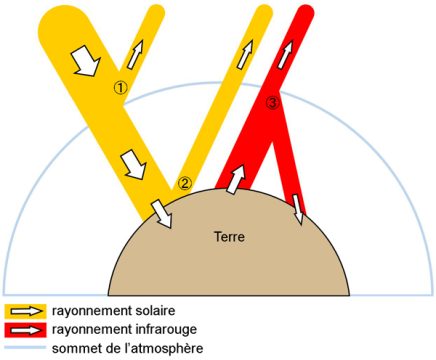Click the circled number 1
(121, 88)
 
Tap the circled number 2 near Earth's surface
(185, 183)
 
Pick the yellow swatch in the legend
(24, 311)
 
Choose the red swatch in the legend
(24, 329)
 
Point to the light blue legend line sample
(24, 347)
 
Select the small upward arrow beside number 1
(135, 53)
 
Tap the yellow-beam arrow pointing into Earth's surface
(159, 212)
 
